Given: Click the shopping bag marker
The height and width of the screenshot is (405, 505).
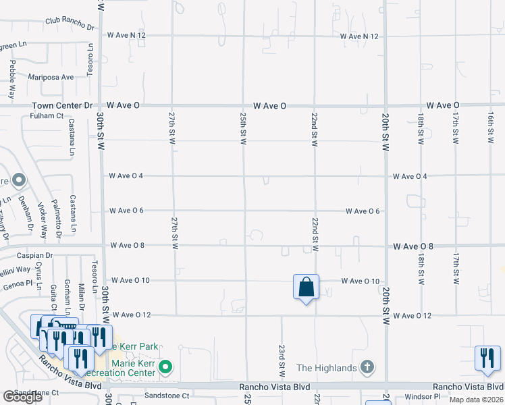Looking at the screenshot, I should (306, 287).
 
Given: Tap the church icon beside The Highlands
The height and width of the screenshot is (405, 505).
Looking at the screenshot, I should (367, 368).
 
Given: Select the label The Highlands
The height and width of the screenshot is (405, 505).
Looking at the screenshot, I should (327, 368).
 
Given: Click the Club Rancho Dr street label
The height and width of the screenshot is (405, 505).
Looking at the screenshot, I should (70, 24).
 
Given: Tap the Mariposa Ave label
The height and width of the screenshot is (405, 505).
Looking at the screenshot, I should (51, 77).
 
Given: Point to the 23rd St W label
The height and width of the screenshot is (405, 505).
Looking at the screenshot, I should (281, 360).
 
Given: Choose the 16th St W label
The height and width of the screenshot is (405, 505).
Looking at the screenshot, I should (490, 128).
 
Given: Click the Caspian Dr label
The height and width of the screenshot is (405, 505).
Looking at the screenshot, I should (35, 256).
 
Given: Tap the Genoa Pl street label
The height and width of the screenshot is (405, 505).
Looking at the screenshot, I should (17, 284).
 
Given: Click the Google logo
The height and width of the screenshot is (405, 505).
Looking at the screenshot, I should (22, 396).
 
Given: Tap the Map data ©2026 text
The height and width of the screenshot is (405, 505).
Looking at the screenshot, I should (476, 400).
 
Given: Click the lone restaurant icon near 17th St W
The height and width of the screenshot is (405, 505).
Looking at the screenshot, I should (487, 358).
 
